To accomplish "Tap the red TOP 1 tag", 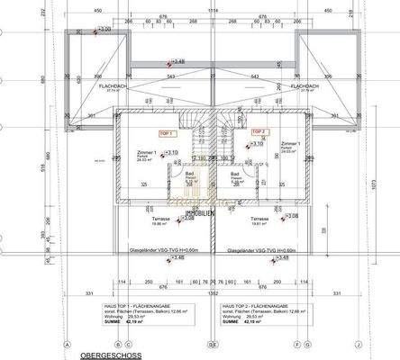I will pos(165,132).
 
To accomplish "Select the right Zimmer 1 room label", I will pos(289,143).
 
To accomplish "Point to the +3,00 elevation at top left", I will pos(105,29).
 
